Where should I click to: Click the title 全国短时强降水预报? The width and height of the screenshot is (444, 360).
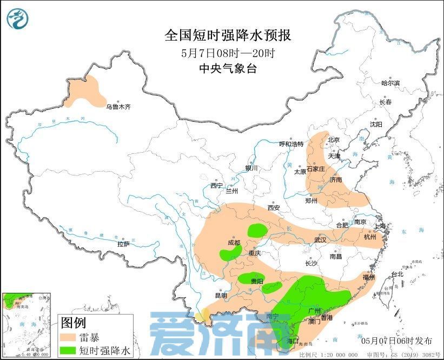tap(228, 36)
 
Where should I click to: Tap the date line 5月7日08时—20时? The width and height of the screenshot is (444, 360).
tap(228, 54)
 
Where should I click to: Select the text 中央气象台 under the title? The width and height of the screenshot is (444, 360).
tap(228, 69)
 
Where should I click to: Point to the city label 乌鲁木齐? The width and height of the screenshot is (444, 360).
tap(118, 107)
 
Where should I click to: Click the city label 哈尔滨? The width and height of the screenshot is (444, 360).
tap(390, 83)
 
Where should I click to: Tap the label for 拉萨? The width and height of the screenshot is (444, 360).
tap(123, 244)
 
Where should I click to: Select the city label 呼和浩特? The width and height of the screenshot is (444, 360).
tap(291, 144)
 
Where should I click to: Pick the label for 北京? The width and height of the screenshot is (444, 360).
tap(334, 140)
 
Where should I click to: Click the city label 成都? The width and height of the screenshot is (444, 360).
tap(234, 243)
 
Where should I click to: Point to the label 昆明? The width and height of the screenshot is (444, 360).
tap(221, 296)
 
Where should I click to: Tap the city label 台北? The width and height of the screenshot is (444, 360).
tap(397, 274)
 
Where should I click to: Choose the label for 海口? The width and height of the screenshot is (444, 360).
tap(293, 342)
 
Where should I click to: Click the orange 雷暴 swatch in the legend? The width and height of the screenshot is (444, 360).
tap(71, 337)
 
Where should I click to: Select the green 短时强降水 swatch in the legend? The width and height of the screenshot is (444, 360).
tap(71, 351)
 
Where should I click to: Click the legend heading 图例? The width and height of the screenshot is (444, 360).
tap(73, 324)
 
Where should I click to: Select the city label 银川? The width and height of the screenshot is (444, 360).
tap(251, 168)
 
